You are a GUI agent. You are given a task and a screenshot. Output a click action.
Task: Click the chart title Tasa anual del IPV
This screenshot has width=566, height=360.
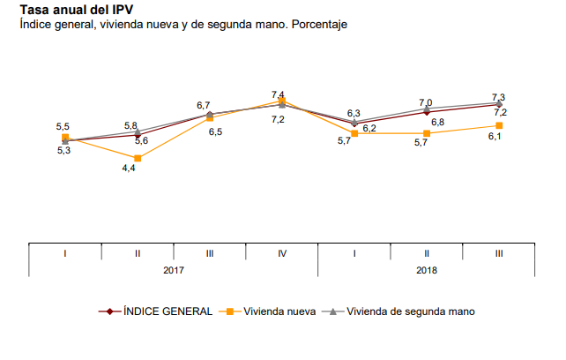click(x=72, y=10)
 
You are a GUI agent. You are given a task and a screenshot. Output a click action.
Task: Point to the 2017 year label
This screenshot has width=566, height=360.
click(x=174, y=271)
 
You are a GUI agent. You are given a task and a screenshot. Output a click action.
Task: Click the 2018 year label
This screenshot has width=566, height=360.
click(x=427, y=271)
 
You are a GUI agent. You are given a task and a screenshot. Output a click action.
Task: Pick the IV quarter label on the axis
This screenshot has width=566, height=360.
click(x=282, y=253)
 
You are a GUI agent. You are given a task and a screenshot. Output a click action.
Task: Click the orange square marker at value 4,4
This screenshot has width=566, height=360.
click(x=138, y=158)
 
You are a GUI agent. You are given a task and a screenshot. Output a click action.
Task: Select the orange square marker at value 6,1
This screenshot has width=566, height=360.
click(x=499, y=125)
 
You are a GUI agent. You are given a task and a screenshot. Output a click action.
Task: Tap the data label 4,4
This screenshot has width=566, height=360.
click(x=129, y=168)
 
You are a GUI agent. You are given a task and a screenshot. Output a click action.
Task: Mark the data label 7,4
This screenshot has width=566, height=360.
click(x=278, y=94)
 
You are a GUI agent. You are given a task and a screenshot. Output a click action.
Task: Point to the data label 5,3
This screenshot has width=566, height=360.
click(x=63, y=152)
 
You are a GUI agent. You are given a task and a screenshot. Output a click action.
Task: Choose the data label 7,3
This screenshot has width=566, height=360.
click(x=498, y=96)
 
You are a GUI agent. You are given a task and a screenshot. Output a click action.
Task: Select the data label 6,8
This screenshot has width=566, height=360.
click(x=437, y=122)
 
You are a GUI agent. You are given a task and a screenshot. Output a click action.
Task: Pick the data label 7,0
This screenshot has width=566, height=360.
click(x=426, y=102)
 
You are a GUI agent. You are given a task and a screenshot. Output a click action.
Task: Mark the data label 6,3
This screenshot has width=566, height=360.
click(x=354, y=113)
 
